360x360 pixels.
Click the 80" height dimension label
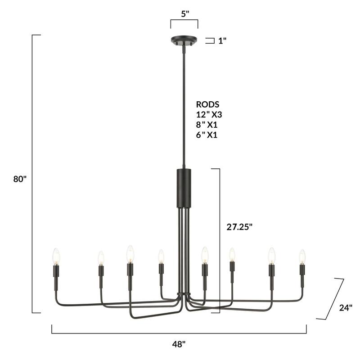point(20,179)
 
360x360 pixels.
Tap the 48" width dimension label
point(179,344)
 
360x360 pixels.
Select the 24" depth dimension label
point(345,308)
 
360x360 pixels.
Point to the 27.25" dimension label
point(239,227)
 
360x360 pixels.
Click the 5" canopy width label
point(184,13)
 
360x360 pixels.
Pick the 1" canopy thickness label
point(222,40)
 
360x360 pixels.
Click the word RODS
point(207,105)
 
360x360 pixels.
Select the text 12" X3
point(209,115)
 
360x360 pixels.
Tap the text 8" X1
point(207,125)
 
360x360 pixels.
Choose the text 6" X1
point(207,135)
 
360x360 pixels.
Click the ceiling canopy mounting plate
point(184,40)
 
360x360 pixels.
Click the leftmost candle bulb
point(56,256)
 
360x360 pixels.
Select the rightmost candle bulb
point(302,256)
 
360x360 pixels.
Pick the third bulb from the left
point(130,254)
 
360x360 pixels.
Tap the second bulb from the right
point(272,255)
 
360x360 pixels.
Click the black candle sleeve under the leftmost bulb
point(56,271)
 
